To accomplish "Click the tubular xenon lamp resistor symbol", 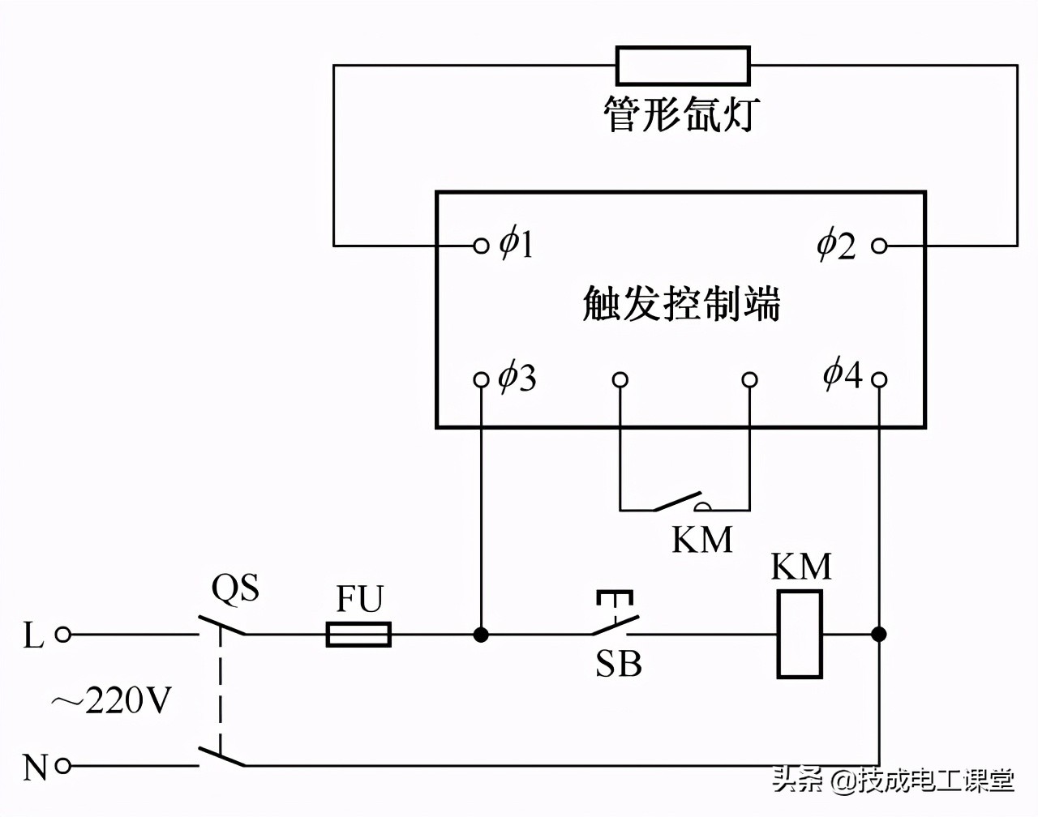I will click(682, 66).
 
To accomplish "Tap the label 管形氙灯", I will click(680, 114).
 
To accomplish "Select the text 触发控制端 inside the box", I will click(681, 304).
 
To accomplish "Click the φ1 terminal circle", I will click(481, 245).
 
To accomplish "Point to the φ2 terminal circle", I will click(879, 245).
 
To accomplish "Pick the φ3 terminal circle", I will click(481, 379).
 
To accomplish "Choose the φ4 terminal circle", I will click(879, 379).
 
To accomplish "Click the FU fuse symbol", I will click(358, 634).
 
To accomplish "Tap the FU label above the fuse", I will click(359, 600).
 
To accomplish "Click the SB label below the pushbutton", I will click(618, 665).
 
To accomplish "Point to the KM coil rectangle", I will click(800, 634).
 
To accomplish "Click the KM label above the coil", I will click(801, 567).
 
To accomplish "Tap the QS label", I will click(235, 588).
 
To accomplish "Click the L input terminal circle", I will click(62, 635).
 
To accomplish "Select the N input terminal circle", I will click(62, 765).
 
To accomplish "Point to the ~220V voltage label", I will click(112, 701).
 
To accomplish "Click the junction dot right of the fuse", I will click(481, 634).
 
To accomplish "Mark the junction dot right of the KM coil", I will click(879, 634).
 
